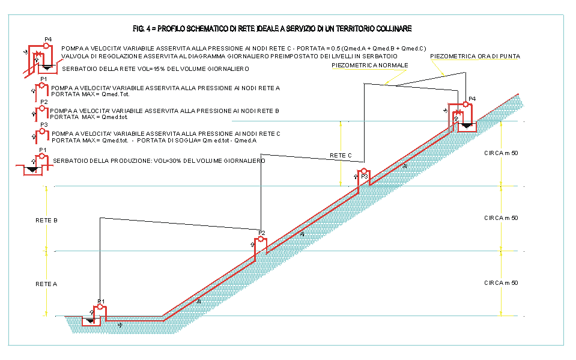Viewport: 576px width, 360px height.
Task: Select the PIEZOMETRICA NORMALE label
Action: tap(370, 65)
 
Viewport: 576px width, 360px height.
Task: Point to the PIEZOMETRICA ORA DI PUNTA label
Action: tap(475, 56)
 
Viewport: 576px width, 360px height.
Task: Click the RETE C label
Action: tap(341, 156)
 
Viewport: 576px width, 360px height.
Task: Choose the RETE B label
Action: tap(46, 221)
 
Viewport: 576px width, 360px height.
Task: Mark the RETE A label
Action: tap(46, 284)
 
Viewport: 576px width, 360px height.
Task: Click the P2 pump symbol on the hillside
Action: tap(259, 243)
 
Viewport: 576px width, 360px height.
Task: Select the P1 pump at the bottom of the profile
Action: tap(100, 310)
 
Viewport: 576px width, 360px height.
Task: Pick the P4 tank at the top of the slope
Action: tap(465, 124)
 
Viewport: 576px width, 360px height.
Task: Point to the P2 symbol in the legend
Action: tap(41, 111)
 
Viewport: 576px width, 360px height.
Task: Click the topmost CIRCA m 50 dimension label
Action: tap(501, 153)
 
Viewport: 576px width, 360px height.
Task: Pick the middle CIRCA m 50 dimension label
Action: tap(501, 218)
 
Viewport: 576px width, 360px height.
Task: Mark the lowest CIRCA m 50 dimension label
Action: tap(501, 283)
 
